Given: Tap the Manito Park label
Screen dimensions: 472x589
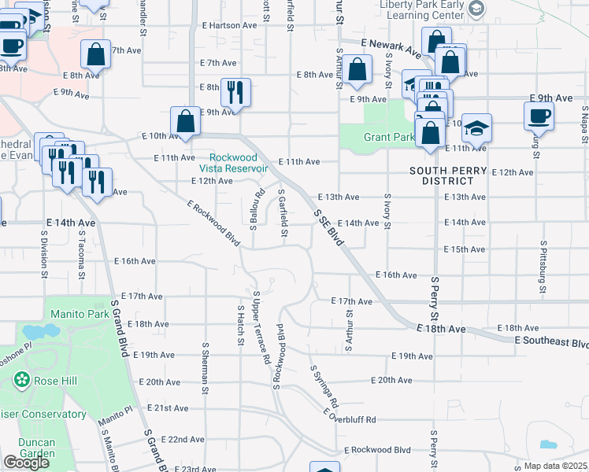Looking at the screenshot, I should click(x=78, y=314).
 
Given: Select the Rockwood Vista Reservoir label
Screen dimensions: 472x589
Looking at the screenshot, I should click(x=232, y=163).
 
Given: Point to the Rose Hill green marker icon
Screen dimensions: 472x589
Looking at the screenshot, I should click(x=21, y=382).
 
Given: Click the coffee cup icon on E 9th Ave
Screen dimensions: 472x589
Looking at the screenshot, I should click(x=539, y=116).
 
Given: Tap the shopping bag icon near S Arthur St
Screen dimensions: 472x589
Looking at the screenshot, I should click(x=357, y=69).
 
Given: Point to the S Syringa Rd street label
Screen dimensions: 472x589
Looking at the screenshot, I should click(x=324, y=385).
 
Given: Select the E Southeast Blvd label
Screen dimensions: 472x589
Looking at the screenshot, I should click(x=551, y=342).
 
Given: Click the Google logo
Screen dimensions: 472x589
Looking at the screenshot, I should click(x=26, y=463).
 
